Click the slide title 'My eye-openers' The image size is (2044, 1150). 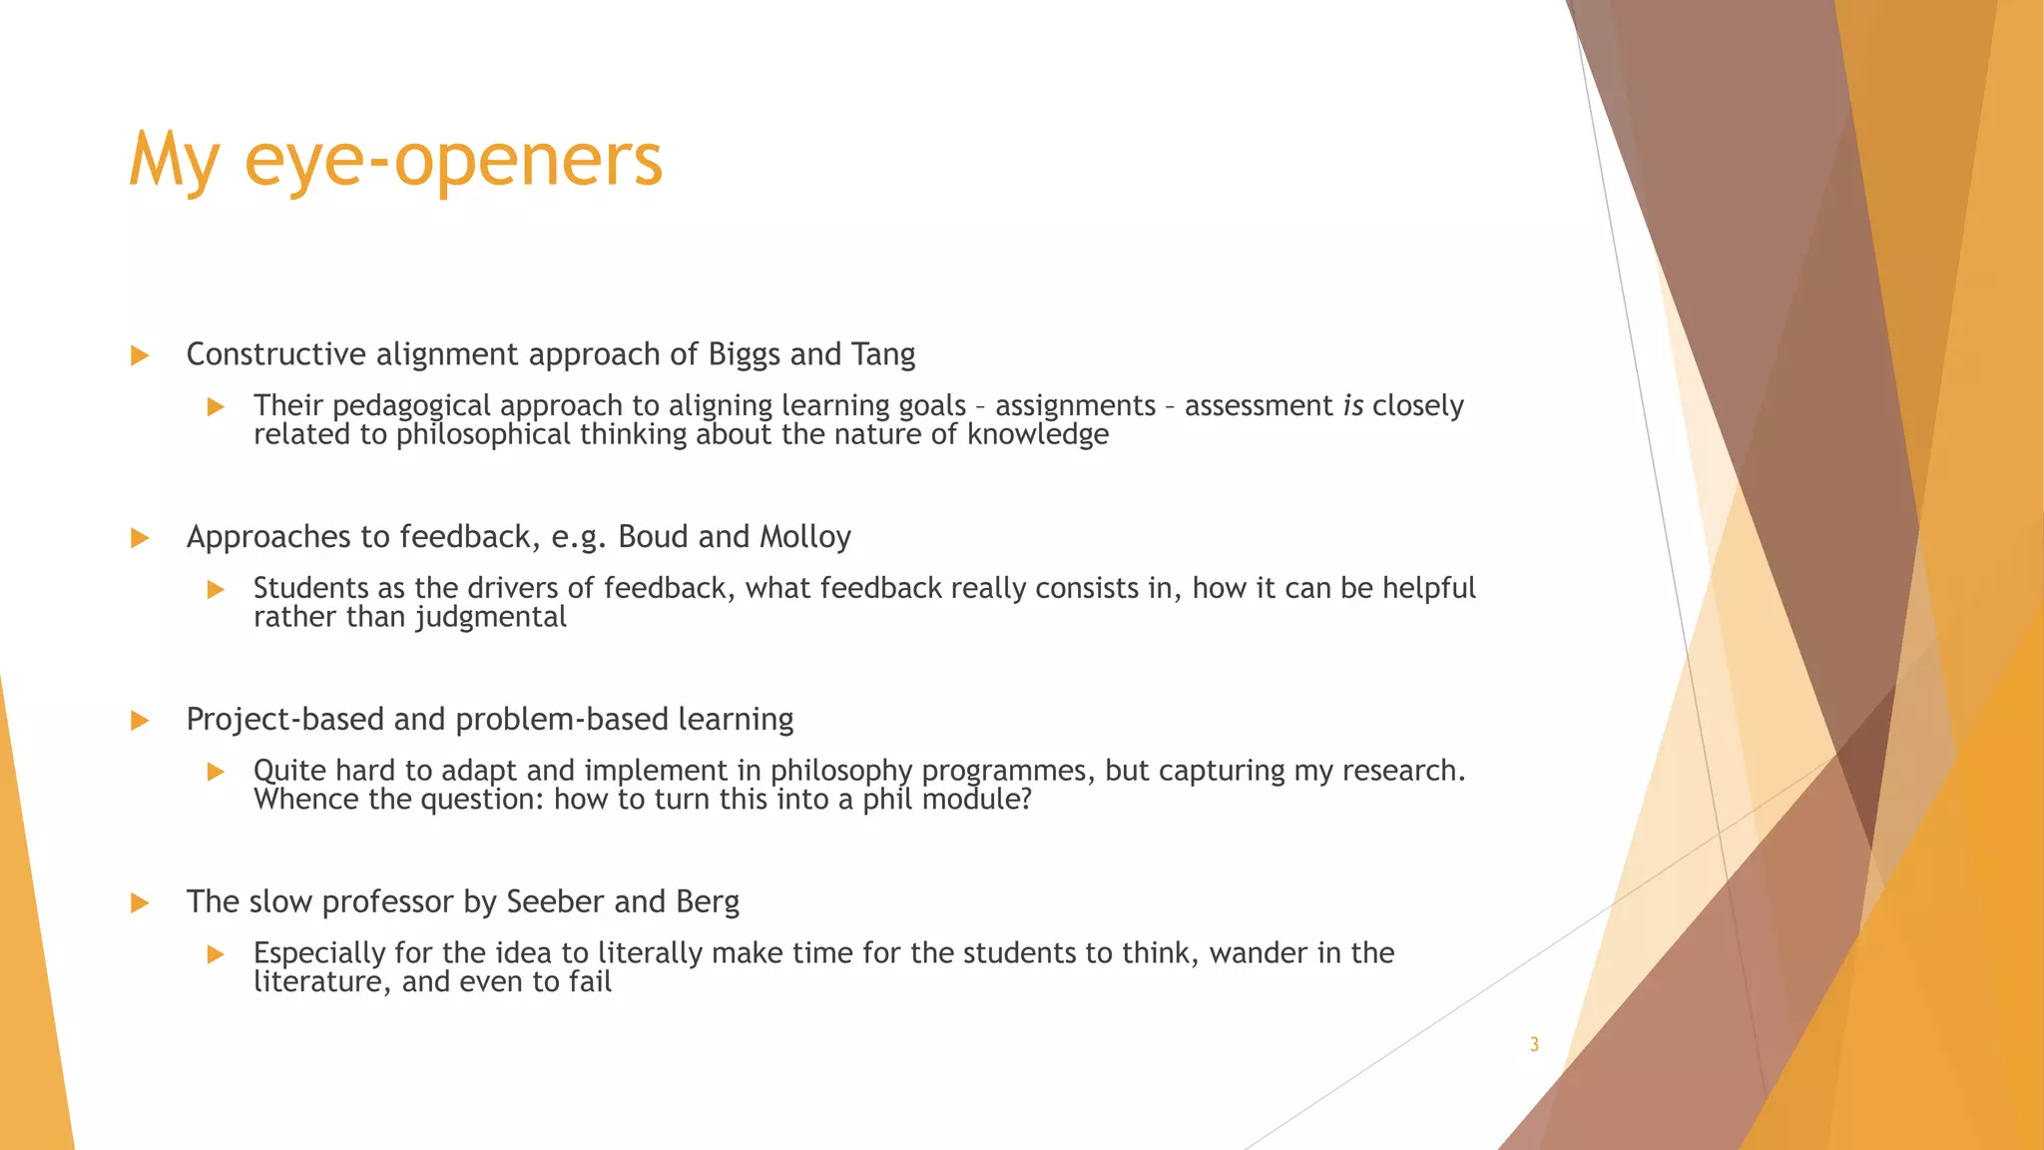(x=395, y=160)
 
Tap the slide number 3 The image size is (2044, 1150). (x=1534, y=1045)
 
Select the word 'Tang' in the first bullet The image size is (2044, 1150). (x=883, y=354)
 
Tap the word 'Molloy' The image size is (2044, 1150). (x=805, y=537)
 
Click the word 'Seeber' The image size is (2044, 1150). (x=556, y=901)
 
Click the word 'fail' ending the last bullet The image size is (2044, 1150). (x=590, y=982)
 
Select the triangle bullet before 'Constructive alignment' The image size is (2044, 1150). (x=140, y=355)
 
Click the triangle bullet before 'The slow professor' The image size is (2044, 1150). (x=140, y=903)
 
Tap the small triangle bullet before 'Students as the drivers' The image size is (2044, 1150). (x=216, y=589)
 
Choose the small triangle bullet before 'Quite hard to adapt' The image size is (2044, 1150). (x=216, y=772)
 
